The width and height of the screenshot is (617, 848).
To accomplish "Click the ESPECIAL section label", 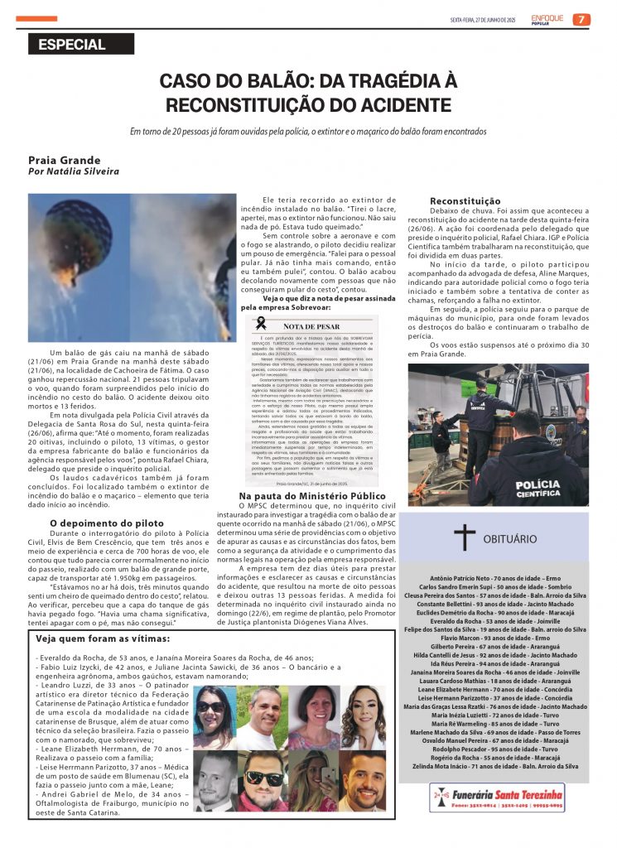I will [x=72, y=45].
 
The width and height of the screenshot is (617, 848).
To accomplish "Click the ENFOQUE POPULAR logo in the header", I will [x=547, y=19].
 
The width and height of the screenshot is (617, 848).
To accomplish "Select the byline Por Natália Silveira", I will [x=74, y=171].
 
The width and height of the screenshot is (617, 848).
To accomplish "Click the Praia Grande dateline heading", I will [x=65, y=160].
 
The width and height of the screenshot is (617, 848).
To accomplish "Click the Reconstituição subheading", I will [x=465, y=201].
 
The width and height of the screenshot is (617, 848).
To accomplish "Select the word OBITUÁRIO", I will [x=510, y=538].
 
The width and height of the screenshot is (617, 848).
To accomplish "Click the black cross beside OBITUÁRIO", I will [x=465, y=537].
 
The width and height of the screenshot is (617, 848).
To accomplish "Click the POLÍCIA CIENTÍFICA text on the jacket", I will [x=525, y=489].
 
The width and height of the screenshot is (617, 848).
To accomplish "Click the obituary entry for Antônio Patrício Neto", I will [x=495, y=578].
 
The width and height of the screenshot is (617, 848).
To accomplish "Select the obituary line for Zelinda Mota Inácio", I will [x=495, y=766].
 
